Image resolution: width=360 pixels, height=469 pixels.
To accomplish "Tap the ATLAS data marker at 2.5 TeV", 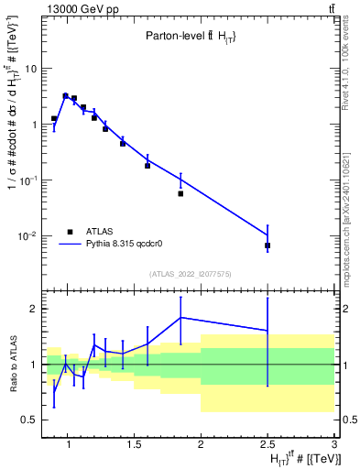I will click(267, 245).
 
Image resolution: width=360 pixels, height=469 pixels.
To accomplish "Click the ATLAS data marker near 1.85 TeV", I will click(180, 193).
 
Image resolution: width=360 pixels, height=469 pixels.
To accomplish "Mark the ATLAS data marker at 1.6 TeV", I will click(147, 166).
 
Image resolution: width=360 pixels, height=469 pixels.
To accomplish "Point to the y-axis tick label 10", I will click(29, 69).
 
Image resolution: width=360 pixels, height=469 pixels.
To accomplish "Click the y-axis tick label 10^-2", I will click(27, 236).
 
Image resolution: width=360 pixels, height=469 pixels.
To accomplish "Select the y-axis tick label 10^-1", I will click(27, 180).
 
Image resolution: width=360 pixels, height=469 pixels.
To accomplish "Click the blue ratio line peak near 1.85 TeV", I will click(180, 317).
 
